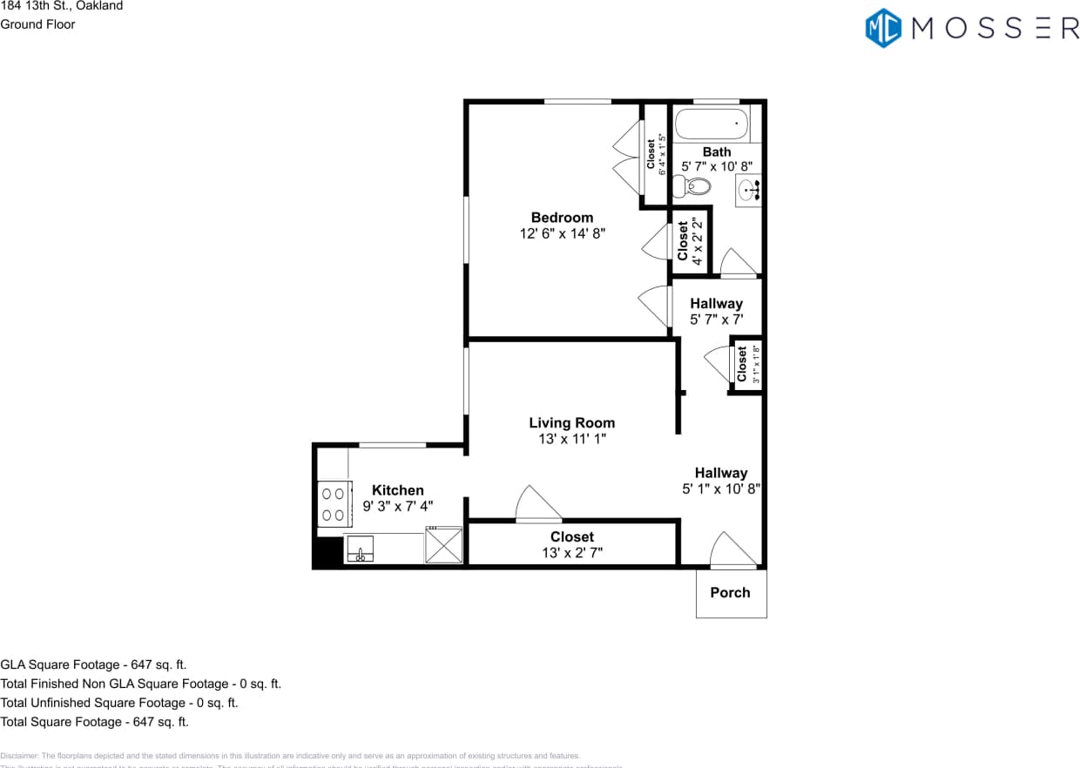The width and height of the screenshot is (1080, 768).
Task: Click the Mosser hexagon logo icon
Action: (x=883, y=27)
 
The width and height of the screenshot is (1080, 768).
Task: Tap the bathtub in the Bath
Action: (x=712, y=125)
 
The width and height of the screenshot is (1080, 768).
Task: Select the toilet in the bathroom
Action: (x=695, y=185)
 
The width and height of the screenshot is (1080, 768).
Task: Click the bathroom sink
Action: (x=748, y=190)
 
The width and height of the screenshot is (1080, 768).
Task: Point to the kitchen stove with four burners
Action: (x=332, y=504)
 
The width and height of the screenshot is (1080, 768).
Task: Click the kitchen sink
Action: (x=359, y=550)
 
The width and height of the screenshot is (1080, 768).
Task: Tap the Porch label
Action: (x=730, y=593)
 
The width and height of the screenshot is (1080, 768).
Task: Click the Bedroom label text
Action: (x=562, y=218)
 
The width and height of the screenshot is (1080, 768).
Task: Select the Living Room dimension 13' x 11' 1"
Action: (x=571, y=440)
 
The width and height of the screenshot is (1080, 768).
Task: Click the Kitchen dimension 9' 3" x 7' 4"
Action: (x=398, y=506)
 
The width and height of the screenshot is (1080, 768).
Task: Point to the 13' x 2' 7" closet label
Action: (x=571, y=552)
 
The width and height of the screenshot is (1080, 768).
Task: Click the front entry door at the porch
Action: (x=732, y=551)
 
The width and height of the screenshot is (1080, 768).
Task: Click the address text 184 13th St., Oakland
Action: (x=62, y=6)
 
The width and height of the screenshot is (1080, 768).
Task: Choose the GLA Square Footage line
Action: (x=93, y=664)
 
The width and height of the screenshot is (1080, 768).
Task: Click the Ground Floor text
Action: (x=37, y=24)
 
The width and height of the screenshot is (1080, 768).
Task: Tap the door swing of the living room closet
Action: (x=537, y=505)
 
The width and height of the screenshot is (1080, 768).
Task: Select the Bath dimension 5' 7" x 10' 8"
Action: (x=716, y=166)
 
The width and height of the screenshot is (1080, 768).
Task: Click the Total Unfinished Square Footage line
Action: (x=119, y=703)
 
